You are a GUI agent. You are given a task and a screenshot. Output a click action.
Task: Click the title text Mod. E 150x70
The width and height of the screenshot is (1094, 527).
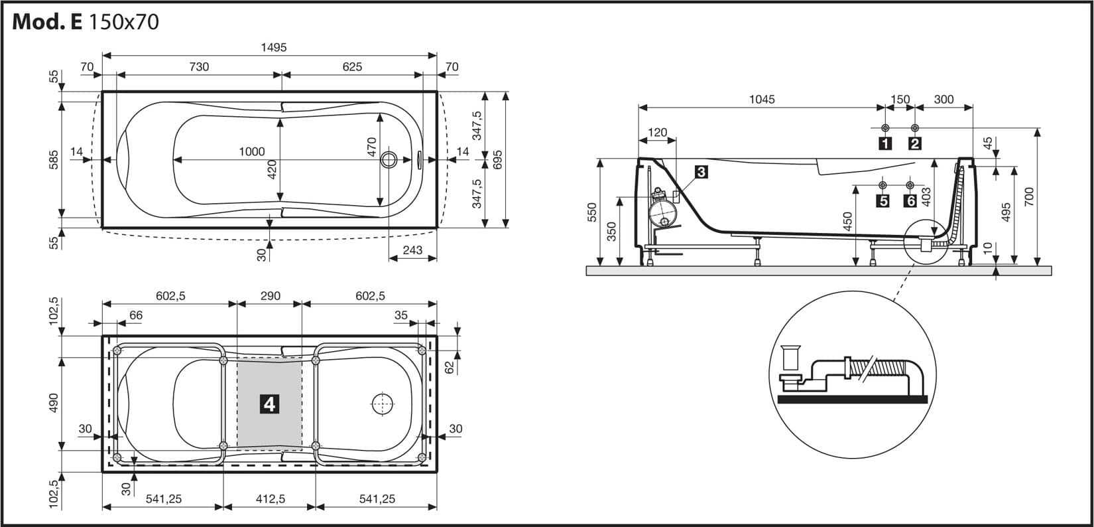[x=86, y=22]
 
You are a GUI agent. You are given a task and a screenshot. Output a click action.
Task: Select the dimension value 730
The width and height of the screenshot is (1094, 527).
[x=199, y=66]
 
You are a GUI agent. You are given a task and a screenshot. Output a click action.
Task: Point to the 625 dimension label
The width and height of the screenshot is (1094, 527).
[x=352, y=66]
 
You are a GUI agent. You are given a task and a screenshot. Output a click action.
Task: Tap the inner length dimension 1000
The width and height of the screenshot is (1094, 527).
[x=252, y=152]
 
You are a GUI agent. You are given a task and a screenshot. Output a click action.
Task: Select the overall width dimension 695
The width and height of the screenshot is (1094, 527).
[x=498, y=159]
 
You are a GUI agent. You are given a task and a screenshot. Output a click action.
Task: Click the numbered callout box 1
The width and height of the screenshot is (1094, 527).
[x=884, y=143]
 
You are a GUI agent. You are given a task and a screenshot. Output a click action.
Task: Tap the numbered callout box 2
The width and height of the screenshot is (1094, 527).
[x=915, y=143]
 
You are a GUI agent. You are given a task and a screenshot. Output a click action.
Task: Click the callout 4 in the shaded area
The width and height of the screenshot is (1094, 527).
[x=269, y=403]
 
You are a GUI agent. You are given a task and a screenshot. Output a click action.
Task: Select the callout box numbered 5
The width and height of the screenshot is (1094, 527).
[x=882, y=200]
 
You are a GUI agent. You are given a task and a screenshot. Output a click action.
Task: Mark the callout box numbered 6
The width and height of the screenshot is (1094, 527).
[x=910, y=200]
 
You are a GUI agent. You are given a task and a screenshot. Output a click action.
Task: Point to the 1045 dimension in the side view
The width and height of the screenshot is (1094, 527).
[x=762, y=100]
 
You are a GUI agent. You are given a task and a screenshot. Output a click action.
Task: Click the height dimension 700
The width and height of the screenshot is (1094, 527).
[x=1028, y=196]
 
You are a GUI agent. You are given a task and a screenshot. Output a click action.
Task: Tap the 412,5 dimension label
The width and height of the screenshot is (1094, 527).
[x=269, y=499]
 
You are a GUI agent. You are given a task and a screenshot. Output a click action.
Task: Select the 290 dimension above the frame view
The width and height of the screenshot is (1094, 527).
[x=270, y=297]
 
